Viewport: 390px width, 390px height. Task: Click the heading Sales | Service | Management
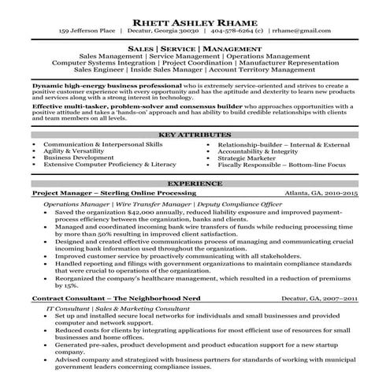coord(194,49)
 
